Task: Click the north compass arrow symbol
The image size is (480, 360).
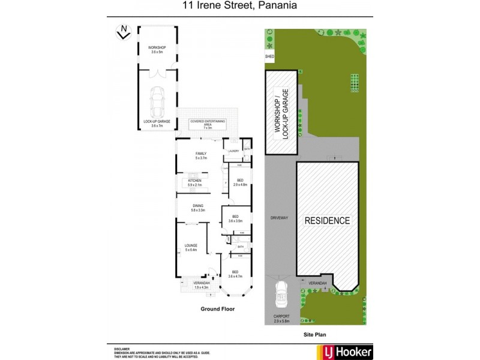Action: tap(123, 31)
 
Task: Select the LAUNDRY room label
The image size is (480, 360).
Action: tap(233, 151)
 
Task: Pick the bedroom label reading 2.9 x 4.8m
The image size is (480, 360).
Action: tap(240, 182)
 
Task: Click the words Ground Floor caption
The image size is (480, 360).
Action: tap(217, 309)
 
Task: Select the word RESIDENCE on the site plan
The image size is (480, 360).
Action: tap(327, 220)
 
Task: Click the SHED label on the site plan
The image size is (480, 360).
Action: tap(269, 58)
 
